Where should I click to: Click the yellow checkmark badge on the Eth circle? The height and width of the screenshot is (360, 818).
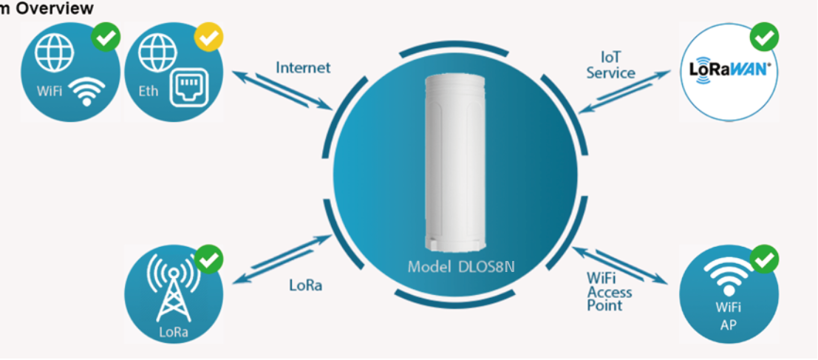pos(208,37)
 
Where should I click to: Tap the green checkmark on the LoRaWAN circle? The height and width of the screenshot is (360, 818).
pos(764,36)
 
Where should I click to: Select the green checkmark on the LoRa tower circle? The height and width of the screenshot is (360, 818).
pos(208,259)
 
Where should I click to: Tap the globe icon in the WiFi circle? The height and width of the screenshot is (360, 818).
pos(55,52)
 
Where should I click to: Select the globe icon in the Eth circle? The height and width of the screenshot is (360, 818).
pos(158,52)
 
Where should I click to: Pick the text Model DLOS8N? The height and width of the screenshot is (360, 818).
pos(461,267)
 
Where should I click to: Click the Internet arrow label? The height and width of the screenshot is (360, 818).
pos(303,67)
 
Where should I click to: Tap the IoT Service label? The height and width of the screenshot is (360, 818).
pos(611,65)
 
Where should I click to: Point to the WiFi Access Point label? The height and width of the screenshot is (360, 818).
pos(610,291)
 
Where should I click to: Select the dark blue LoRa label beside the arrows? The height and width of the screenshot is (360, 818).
pos(306,285)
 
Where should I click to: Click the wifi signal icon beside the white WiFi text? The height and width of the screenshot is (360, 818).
pos(86,91)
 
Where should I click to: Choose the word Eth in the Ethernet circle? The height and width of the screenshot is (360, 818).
pos(149,91)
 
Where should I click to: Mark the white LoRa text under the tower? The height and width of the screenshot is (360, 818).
pos(173,332)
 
